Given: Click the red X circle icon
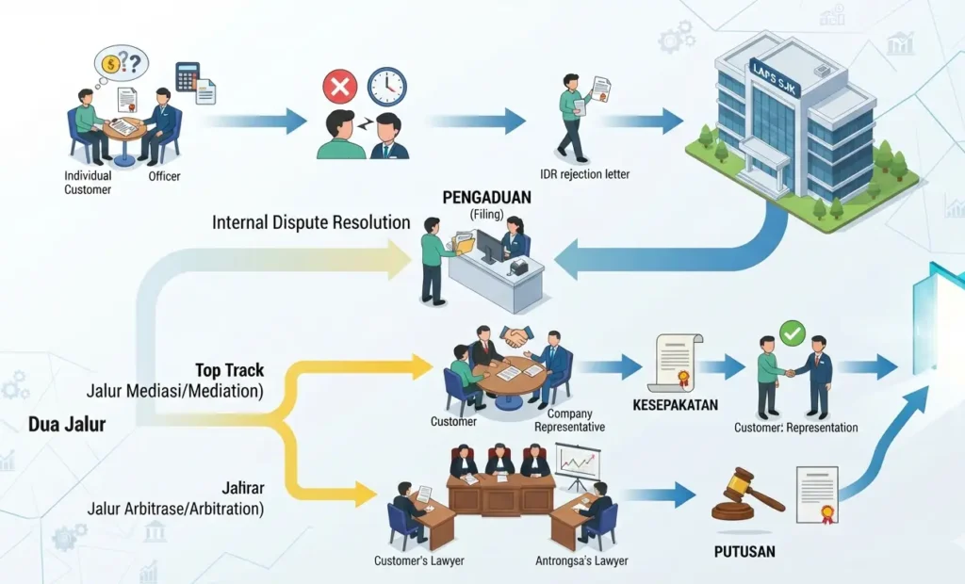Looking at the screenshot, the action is [x=339, y=86].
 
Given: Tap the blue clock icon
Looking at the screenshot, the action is [x=387, y=87].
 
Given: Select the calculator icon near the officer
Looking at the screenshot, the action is [x=188, y=76].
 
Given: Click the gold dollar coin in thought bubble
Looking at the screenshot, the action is [x=111, y=63].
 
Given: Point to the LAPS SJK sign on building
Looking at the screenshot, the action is [x=775, y=78].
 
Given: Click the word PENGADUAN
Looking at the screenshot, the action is [x=486, y=198].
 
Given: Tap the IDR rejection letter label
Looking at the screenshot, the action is [x=584, y=174].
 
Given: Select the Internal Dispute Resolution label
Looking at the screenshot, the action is [x=311, y=222].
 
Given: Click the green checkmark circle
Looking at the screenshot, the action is [x=792, y=333].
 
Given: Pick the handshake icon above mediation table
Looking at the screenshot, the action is [x=516, y=336].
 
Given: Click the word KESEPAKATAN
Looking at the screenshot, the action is [x=675, y=405].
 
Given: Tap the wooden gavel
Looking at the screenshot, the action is [x=747, y=494].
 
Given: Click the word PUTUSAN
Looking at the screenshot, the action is [x=744, y=551].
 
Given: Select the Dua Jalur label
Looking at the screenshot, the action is [x=67, y=424].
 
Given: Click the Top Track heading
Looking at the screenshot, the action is [x=230, y=370].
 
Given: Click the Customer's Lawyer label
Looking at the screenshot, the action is [x=419, y=560].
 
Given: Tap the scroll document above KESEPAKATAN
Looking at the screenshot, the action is [x=675, y=363].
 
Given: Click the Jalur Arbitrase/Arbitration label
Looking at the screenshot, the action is [x=175, y=509].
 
